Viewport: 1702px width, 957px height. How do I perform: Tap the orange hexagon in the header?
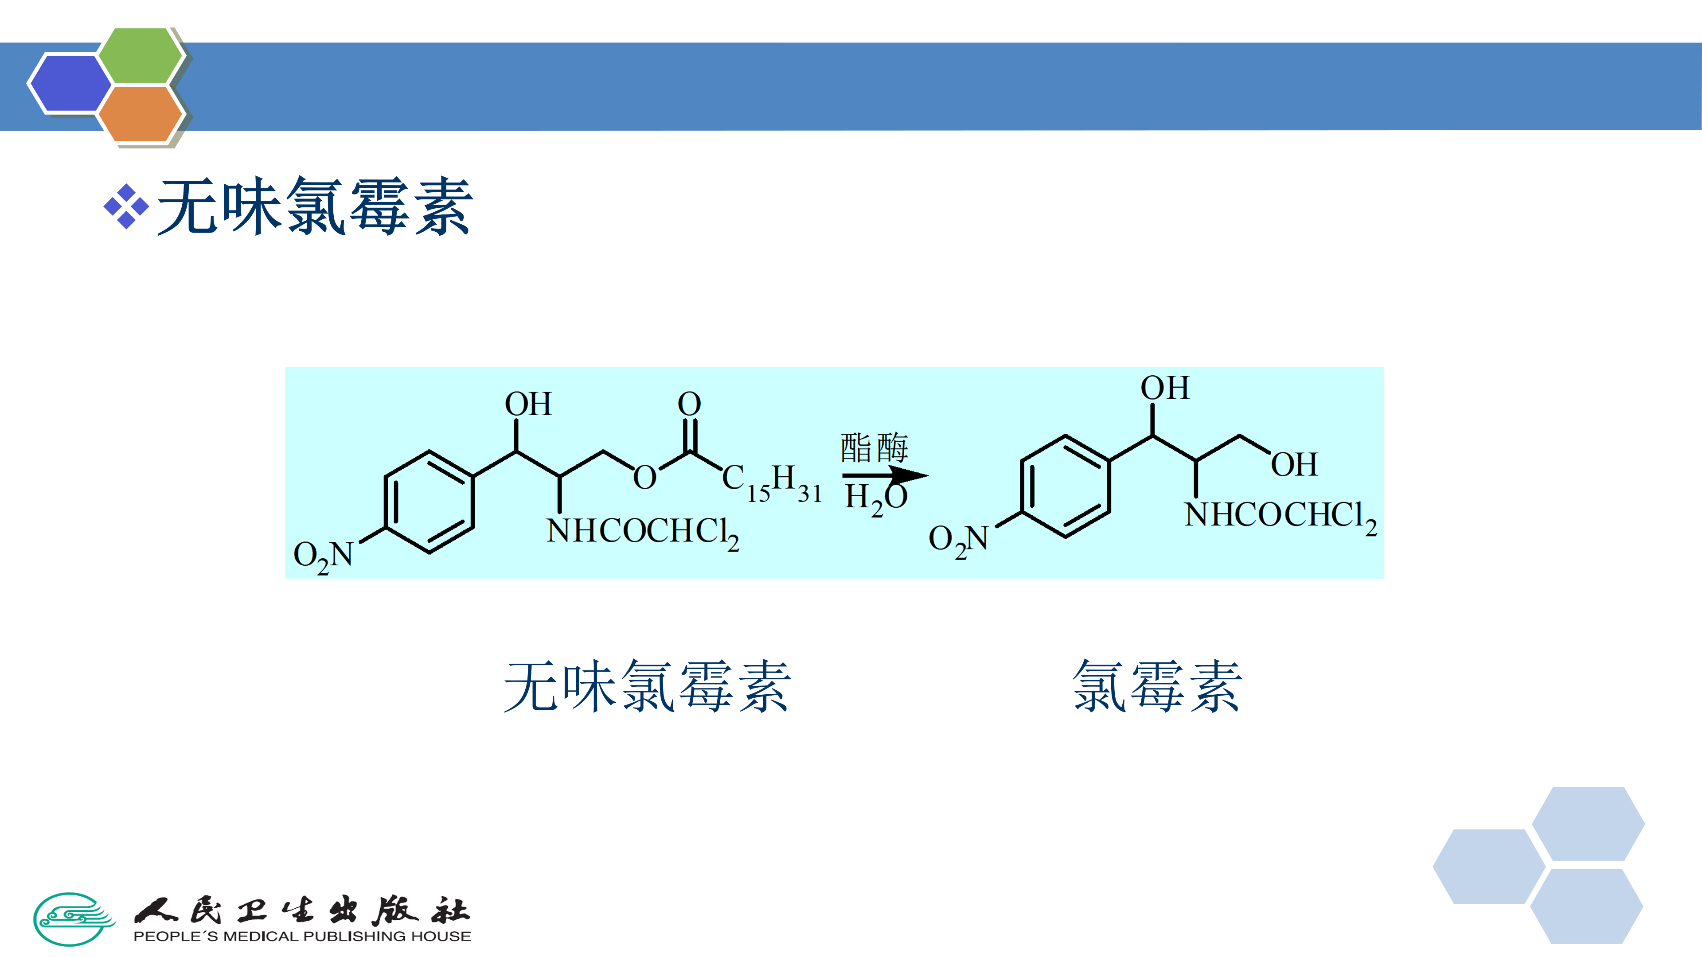click(141, 113)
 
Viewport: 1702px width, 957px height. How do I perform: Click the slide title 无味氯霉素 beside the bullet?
click(315, 207)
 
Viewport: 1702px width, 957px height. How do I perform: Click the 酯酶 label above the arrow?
click(874, 448)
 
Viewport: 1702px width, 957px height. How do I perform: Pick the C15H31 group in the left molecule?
click(771, 483)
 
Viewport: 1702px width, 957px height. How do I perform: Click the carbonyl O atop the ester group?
click(689, 404)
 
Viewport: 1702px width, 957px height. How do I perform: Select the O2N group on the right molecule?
click(958, 540)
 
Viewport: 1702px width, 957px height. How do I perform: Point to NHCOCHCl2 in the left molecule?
click(642, 532)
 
